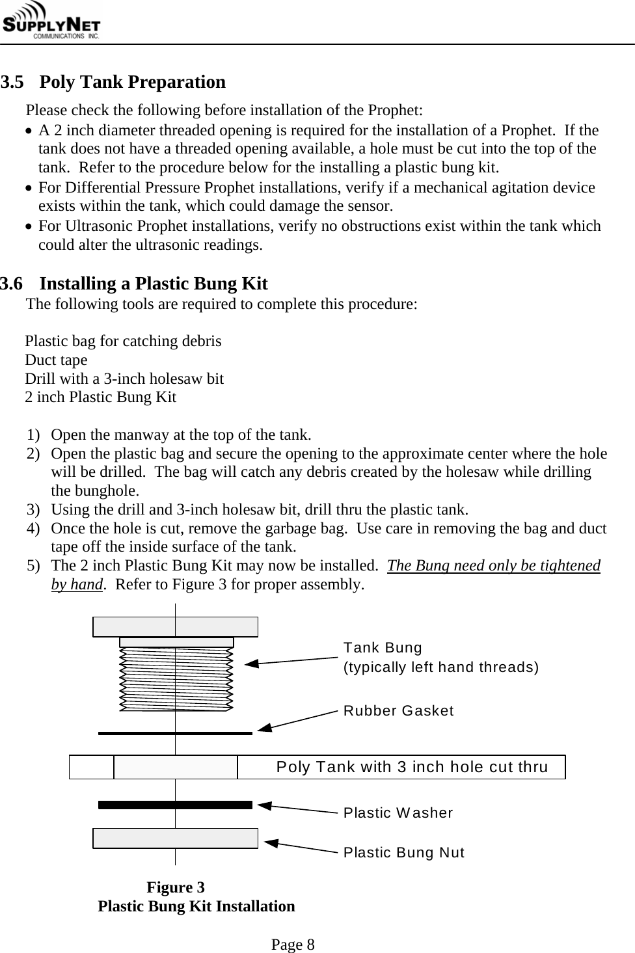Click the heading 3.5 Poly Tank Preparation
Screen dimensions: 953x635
(x=113, y=83)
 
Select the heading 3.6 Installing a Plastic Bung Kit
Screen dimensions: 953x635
(x=134, y=284)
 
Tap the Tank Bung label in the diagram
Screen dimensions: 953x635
(x=383, y=648)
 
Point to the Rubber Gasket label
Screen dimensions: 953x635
(x=398, y=710)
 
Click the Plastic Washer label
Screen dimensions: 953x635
(x=398, y=813)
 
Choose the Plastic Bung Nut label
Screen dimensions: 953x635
(x=403, y=852)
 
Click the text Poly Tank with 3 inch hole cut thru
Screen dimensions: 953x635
(x=412, y=767)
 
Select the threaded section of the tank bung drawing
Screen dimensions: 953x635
(x=176, y=680)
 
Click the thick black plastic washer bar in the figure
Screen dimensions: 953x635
(x=175, y=805)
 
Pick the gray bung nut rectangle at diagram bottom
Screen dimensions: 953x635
(x=175, y=839)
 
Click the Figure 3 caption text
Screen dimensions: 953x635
(x=176, y=888)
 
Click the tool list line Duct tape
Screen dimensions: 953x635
(x=56, y=360)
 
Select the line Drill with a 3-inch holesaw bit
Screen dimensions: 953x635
(x=124, y=379)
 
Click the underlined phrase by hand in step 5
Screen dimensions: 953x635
(x=77, y=584)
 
